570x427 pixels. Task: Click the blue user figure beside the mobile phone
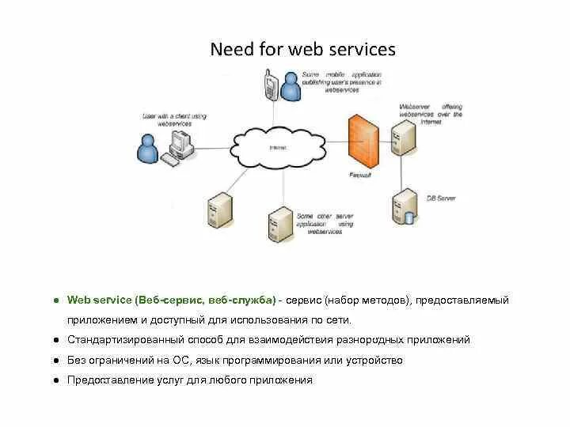pos(291,87)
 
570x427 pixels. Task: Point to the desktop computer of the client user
pos(180,143)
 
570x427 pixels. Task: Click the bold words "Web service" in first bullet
pos(99,300)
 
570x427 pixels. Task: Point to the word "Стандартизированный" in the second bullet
pos(120,340)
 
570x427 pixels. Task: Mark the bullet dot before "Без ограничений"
pos(58,361)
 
